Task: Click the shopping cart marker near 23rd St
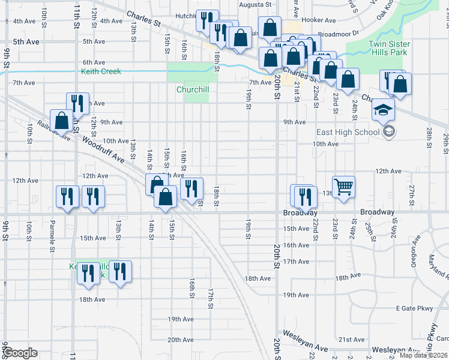click(344, 187)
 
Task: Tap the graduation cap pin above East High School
click(382, 110)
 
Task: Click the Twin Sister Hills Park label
click(388, 48)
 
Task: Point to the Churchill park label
click(192, 90)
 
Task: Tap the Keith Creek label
click(101, 71)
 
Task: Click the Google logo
click(19, 353)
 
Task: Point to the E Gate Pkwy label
click(414, 308)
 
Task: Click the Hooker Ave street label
click(318, 20)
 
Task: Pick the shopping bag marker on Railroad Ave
click(61, 120)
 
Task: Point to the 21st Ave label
click(352, 340)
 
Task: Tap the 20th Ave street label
click(180, 340)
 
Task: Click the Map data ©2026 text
click(423, 355)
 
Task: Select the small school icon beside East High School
click(389, 131)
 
